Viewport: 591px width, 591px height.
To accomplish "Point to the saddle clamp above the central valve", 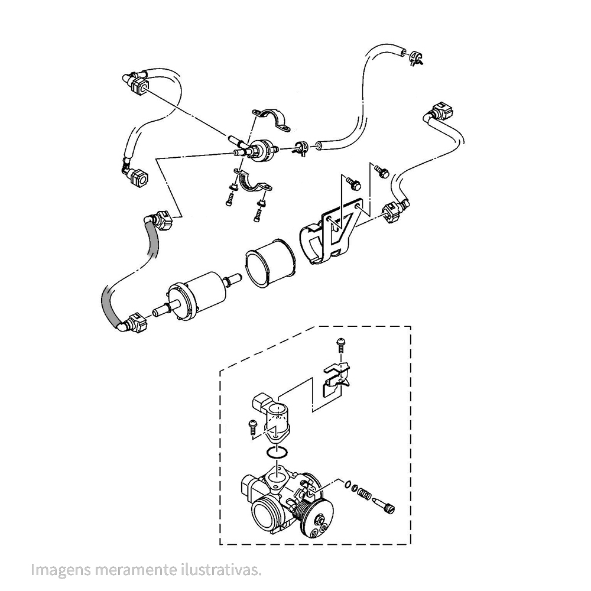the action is (272, 119).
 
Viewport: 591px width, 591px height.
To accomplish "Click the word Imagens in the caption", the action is (61, 570).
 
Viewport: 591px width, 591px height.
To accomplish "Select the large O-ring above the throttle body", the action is (277, 452).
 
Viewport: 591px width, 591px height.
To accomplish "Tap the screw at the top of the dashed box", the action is (341, 345).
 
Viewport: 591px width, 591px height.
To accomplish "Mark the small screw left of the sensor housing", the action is (252, 427).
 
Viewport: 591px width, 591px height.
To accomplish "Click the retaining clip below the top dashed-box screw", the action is (336, 379).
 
